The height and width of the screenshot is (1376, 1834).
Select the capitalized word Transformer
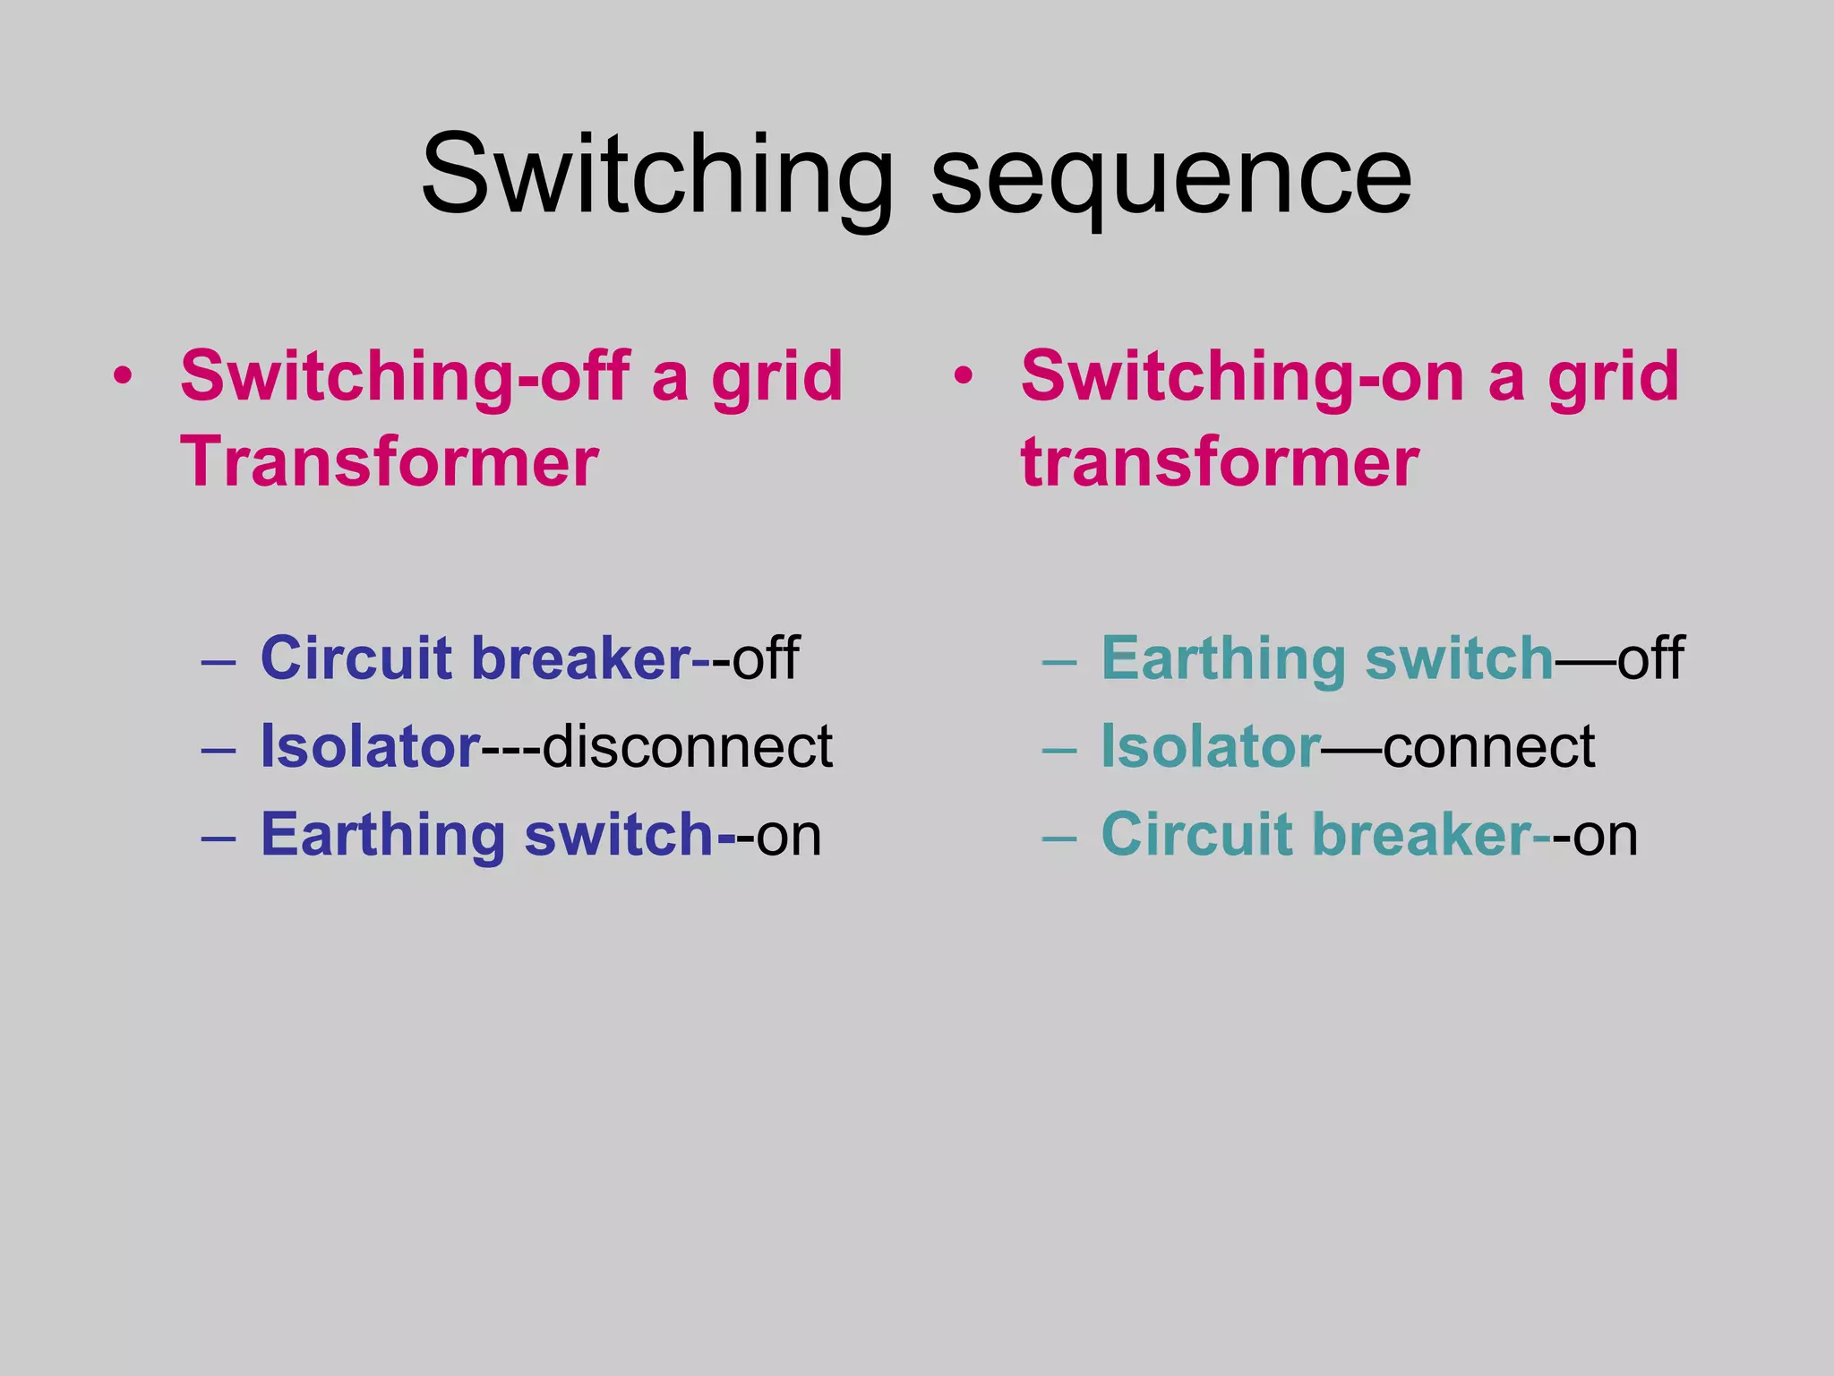pyautogui.click(x=390, y=462)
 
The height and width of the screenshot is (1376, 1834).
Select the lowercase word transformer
pyautogui.click(x=1220, y=462)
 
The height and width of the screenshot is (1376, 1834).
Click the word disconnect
pyautogui.click(x=687, y=746)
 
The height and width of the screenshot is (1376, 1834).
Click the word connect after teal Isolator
pyautogui.click(x=1488, y=746)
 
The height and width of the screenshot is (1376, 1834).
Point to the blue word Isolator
pyautogui.click(x=370, y=746)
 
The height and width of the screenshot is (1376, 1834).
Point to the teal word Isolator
pyautogui.click(x=1210, y=746)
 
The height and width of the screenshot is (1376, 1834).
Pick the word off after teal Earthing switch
pyautogui.click(x=1650, y=658)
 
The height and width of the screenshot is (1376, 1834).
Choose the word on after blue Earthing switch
pyautogui.click(x=789, y=835)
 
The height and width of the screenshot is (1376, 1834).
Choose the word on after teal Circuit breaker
pyautogui.click(x=1607, y=835)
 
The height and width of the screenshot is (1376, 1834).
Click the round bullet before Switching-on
pyautogui.click(x=963, y=376)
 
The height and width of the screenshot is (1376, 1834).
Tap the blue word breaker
pyautogui.click(x=581, y=658)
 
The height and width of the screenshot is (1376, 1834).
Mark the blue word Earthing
pyautogui.click(x=383, y=835)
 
